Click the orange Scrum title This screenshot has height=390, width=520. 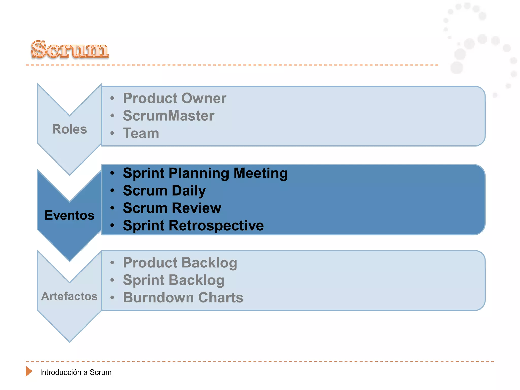click(x=70, y=49)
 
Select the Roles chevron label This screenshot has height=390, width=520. click(x=69, y=129)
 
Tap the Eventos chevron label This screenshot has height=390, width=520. click(x=69, y=215)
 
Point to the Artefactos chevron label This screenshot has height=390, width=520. click(x=69, y=296)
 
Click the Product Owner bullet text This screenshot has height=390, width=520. click(x=174, y=98)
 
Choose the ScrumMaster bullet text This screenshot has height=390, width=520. click(x=169, y=116)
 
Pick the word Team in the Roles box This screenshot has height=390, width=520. click(x=141, y=133)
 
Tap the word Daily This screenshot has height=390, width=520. click(x=189, y=191)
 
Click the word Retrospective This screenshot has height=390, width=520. click(x=216, y=225)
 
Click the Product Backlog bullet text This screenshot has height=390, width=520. click(x=180, y=263)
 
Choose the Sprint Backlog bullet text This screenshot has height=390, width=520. click(x=174, y=280)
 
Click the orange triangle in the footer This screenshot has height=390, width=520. click(x=29, y=371)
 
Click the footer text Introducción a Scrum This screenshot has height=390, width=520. click(x=76, y=372)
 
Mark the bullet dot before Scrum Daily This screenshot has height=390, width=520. click(x=112, y=191)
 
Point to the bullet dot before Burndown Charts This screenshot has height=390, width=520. click(x=112, y=297)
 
